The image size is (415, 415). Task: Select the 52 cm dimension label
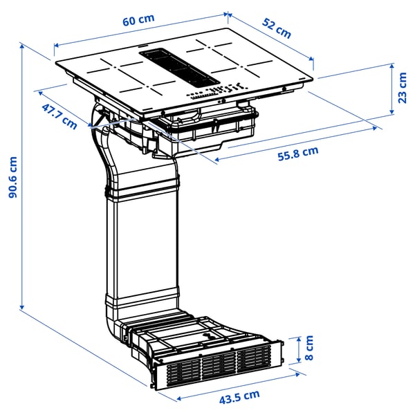point(277,28)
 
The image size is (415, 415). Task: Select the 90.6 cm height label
point(12,176)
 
